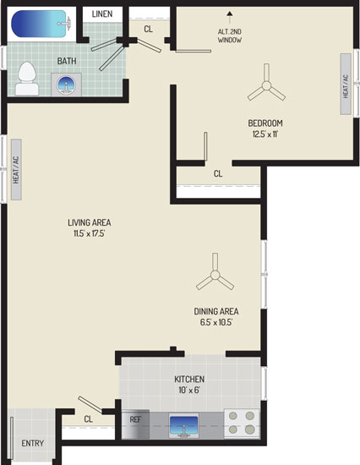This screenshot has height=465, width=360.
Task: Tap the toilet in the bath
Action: (27, 79)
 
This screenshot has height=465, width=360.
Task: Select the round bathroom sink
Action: (66, 85)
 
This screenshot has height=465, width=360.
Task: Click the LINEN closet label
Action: (102, 14)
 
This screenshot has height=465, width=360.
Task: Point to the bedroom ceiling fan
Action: (266, 85)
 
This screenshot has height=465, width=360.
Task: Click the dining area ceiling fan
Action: (215, 275)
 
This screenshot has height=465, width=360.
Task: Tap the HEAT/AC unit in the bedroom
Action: (346, 84)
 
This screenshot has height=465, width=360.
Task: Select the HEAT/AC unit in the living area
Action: (16, 170)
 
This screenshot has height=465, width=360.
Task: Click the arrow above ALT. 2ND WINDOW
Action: (229, 18)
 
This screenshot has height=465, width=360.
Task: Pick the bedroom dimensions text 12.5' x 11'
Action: (265, 134)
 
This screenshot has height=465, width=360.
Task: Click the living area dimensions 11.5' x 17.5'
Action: (90, 233)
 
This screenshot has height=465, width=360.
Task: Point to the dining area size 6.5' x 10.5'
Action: (216, 322)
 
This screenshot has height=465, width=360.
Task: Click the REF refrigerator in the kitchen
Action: (135, 424)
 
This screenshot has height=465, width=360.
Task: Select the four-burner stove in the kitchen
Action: (242, 423)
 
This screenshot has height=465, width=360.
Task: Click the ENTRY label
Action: (33, 443)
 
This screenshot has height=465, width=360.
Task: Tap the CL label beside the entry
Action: (89, 419)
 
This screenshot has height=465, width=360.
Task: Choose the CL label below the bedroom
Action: (218, 173)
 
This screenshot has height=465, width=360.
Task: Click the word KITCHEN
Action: (189, 380)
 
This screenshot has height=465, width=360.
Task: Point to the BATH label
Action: (67, 61)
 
